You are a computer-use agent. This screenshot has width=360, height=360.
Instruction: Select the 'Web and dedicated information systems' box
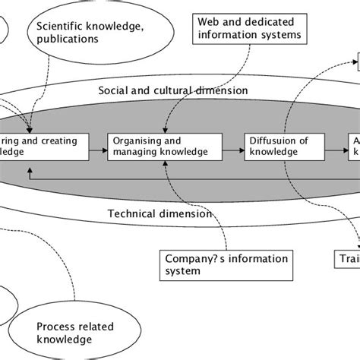[248, 28]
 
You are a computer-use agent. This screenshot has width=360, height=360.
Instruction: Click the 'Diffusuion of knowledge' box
[281, 146]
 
